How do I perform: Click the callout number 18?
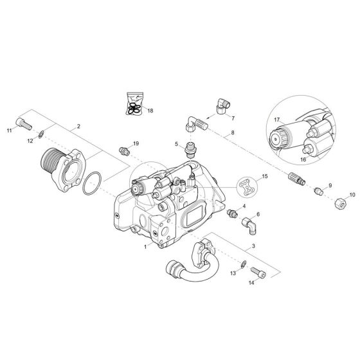150,111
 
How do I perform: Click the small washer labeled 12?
40,134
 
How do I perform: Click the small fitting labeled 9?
318,191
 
